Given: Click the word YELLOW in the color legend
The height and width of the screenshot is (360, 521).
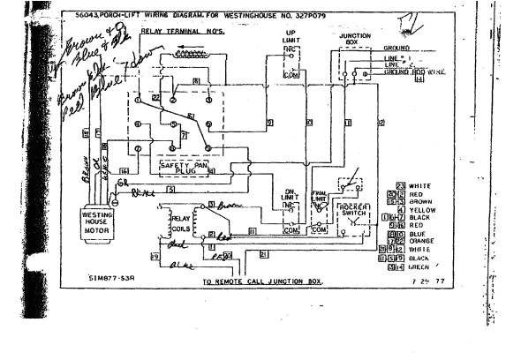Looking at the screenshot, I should pyautogui.click(x=423, y=210).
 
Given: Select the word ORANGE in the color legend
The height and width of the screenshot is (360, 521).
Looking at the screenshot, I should pyautogui.click(x=423, y=241).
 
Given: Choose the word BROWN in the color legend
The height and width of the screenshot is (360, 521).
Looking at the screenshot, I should pyautogui.click(x=422, y=202).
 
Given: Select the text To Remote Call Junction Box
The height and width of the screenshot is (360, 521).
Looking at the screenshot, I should pyautogui.click(x=261, y=281).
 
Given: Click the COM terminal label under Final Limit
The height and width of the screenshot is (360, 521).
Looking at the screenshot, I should pyautogui.click(x=322, y=229).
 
